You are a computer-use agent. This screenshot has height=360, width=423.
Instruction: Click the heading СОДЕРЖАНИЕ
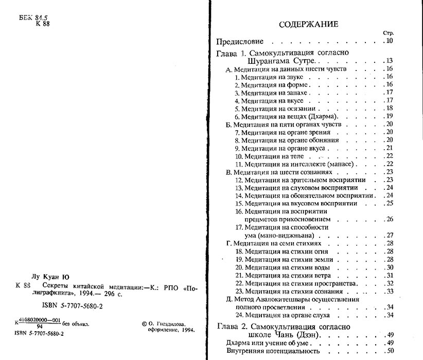(x=308, y=24)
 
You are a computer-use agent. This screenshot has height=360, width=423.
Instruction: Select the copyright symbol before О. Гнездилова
(x=143, y=324)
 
